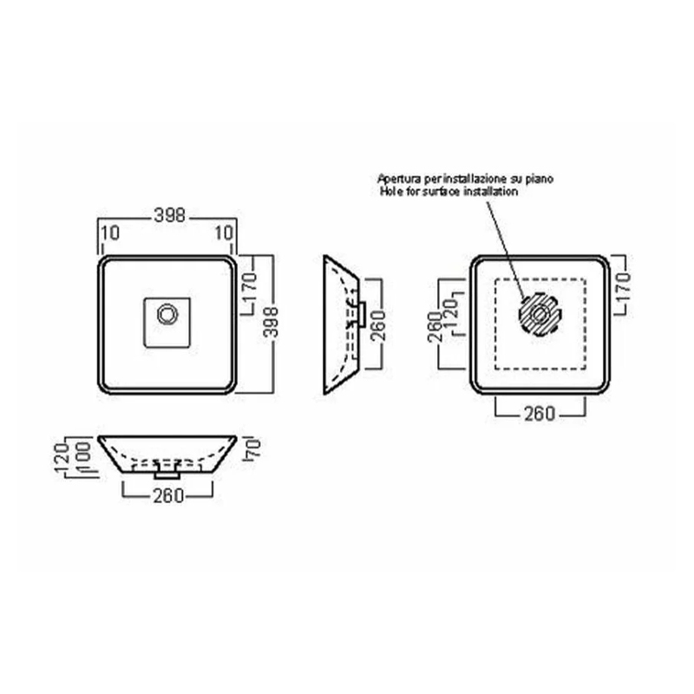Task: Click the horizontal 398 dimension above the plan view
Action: point(169,215)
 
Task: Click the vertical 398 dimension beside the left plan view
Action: point(271,322)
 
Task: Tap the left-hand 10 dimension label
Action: point(110,232)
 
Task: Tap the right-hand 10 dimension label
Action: point(224,232)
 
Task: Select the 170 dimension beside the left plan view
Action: point(251,287)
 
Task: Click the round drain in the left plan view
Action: point(167,315)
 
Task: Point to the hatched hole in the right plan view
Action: point(540,315)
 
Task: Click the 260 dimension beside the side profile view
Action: point(378,325)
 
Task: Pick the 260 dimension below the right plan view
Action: point(540,415)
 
